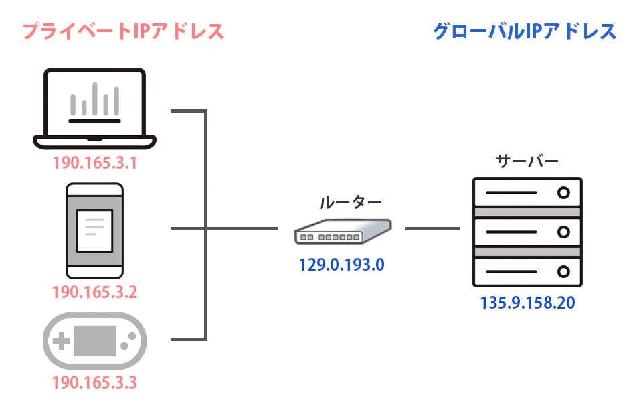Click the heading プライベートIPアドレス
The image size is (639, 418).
123,31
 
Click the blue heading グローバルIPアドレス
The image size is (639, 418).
525,31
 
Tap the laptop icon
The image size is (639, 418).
94,107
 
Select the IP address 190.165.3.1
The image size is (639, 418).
94,163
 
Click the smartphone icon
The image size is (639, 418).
94,230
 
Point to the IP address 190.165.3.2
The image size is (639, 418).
94,293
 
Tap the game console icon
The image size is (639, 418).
94,342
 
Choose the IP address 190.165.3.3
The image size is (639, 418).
94,384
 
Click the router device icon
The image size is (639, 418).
342,231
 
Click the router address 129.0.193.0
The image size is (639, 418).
342,265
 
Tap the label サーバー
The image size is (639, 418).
527,161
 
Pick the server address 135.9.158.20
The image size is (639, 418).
527,303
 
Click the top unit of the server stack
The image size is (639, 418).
527,193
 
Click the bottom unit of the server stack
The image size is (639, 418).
527,272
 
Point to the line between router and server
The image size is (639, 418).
432,229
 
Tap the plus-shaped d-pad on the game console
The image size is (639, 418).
61,342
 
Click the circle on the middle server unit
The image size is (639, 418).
563,232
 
